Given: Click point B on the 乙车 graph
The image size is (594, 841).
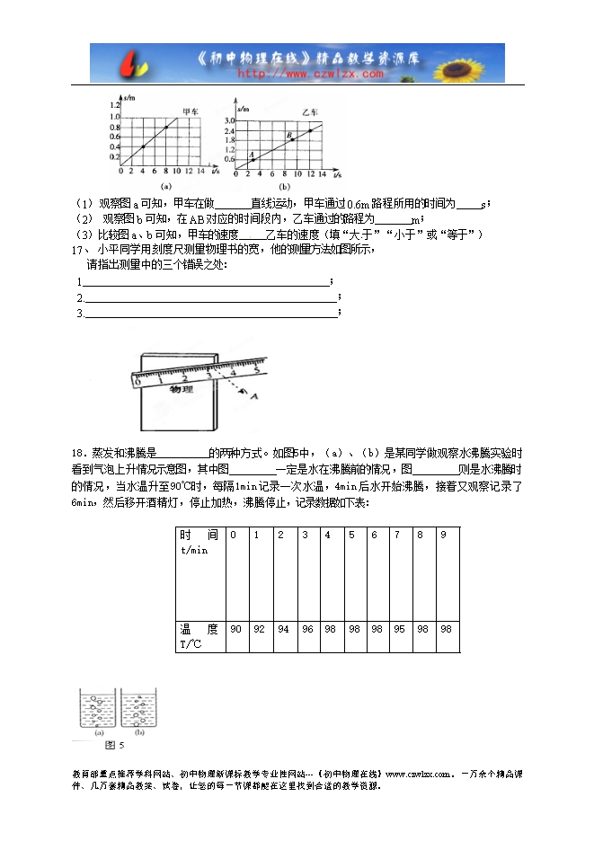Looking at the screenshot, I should coord(289,137).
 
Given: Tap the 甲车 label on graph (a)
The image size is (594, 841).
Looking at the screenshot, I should coord(191,112).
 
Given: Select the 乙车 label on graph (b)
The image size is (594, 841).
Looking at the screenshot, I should coord(309,112).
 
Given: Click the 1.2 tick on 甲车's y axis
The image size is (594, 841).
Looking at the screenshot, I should coord(114,106).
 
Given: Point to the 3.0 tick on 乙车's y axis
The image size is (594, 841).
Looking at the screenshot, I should coord(229,120).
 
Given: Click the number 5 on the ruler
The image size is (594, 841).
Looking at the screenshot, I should coord(257,367).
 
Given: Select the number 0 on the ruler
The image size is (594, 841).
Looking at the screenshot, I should coord(137,381).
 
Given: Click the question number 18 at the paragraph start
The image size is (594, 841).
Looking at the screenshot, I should coord(75,453).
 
